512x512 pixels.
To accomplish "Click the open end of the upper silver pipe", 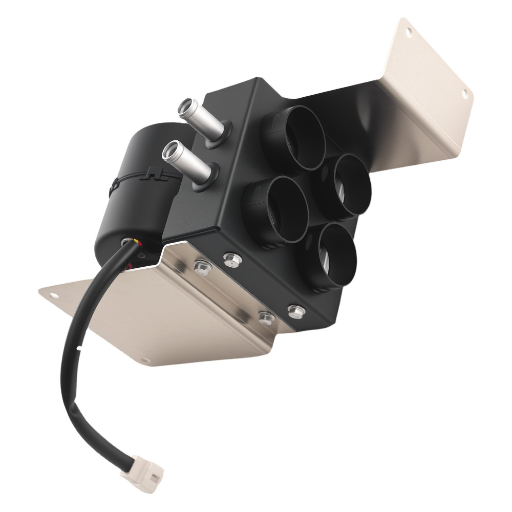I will [x=184, y=107].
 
